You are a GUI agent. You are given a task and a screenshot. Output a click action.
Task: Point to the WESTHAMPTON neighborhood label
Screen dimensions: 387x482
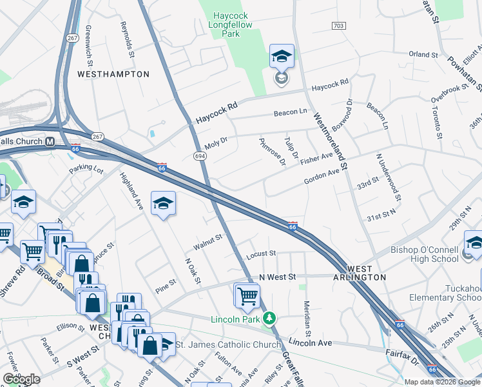(x=113, y=74)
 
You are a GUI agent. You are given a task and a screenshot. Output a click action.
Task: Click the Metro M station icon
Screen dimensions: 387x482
(x=49, y=141)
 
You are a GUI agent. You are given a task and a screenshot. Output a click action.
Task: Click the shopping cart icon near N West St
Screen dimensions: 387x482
(x=247, y=296)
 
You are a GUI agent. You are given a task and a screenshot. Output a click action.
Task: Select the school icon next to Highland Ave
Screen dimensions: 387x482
(x=164, y=204)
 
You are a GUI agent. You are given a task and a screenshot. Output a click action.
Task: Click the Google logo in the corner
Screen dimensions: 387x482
(x=21, y=379)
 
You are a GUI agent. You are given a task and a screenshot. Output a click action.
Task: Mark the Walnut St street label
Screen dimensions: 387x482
(x=207, y=243)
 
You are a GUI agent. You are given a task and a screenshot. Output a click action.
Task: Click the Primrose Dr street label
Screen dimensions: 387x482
(x=272, y=152)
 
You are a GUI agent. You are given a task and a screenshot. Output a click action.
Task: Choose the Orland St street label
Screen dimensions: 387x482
(x=423, y=55)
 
